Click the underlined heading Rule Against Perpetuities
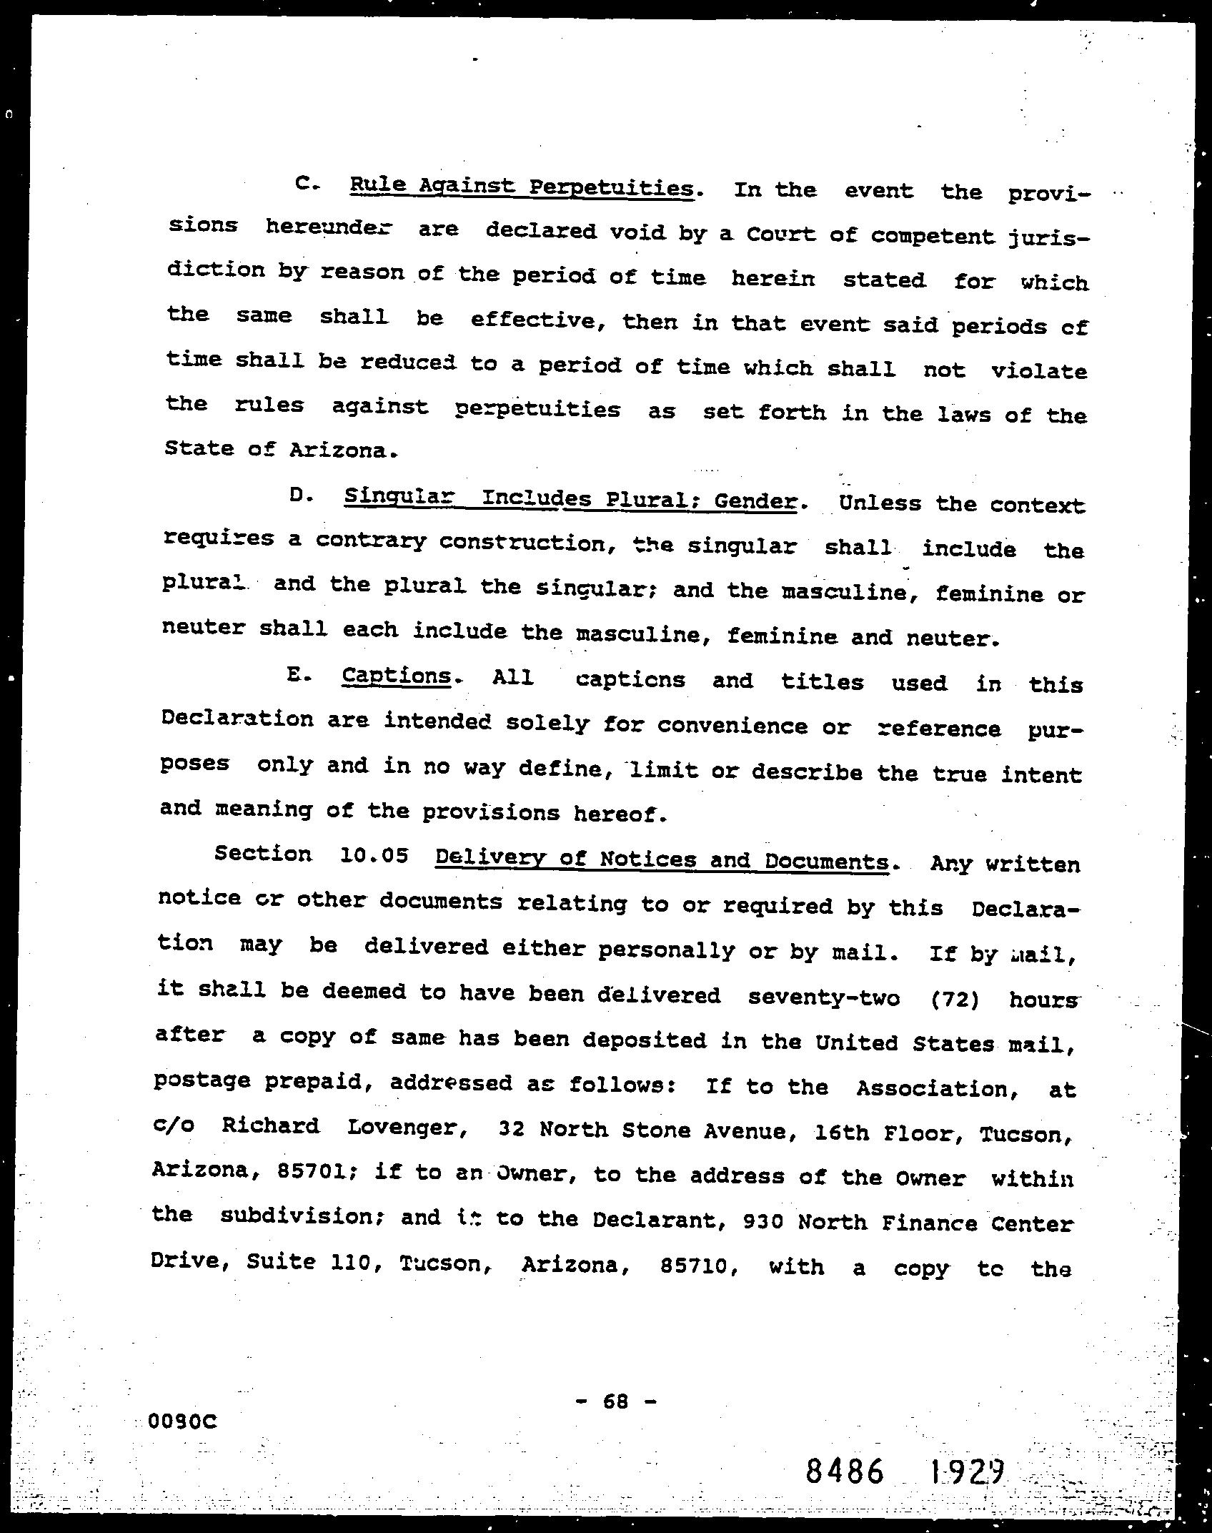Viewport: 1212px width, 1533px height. coord(521,188)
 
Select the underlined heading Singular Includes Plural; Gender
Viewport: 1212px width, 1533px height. coord(570,498)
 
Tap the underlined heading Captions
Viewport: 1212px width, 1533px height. coord(396,676)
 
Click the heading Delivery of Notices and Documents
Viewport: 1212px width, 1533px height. coord(662,859)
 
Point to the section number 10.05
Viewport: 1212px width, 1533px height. coord(374,855)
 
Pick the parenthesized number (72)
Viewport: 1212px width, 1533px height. coord(955,998)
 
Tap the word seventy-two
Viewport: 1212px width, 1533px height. coord(823,997)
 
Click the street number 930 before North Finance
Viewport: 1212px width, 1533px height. coord(765,1221)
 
